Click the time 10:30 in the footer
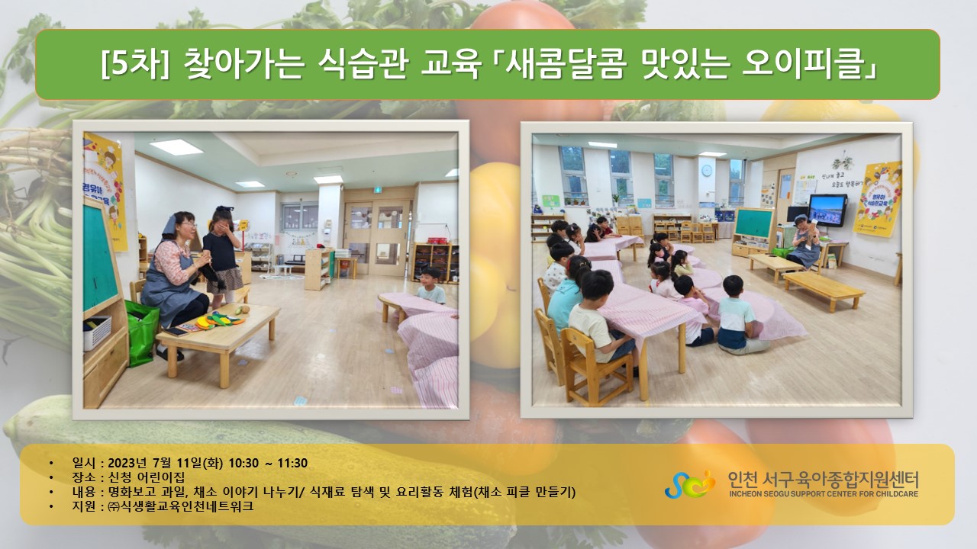[x=243, y=463]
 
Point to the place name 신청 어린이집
[x=147, y=477]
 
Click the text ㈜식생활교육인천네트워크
[x=181, y=506]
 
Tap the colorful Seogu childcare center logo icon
[x=690, y=484]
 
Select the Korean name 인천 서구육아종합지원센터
[x=824, y=480]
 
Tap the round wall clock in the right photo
[x=707, y=171]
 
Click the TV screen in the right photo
[x=827, y=210]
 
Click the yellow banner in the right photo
[x=878, y=199]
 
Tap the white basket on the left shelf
[x=97, y=332]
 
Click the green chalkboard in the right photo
[x=754, y=223]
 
